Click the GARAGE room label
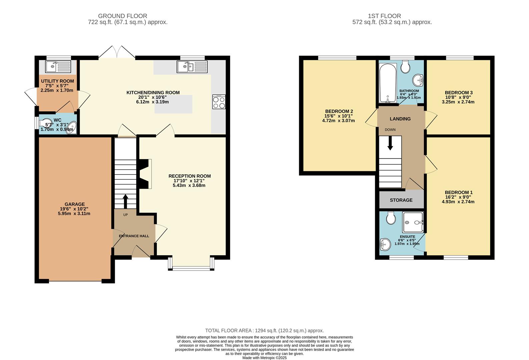tap(74, 204)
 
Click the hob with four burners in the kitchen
tap(219, 102)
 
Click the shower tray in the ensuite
tap(413, 222)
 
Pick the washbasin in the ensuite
tap(385, 244)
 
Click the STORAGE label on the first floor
tap(401, 200)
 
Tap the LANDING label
tap(400, 119)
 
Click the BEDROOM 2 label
tap(339, 111)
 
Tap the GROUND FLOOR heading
tap(122, 16)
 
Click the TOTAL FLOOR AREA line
tap(264, 331)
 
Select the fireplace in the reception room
tap(145, 174)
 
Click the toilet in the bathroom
tap(406, 67)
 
